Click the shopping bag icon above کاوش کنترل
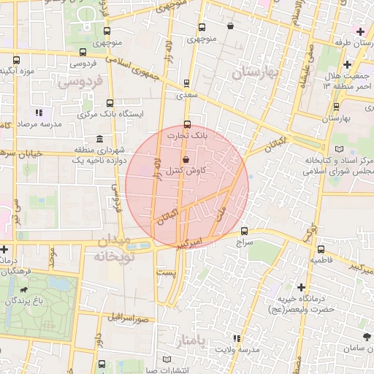click(185, 159)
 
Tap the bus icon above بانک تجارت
click(188, 123)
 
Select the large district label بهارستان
click(256, 74)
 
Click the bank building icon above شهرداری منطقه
click(99, 140)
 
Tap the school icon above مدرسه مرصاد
click(39, 113)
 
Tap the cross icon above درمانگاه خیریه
click(301, 287)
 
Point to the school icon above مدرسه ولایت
click(235, 338)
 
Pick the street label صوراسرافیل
click(131, 318)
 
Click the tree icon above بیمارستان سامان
click(366, 337)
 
